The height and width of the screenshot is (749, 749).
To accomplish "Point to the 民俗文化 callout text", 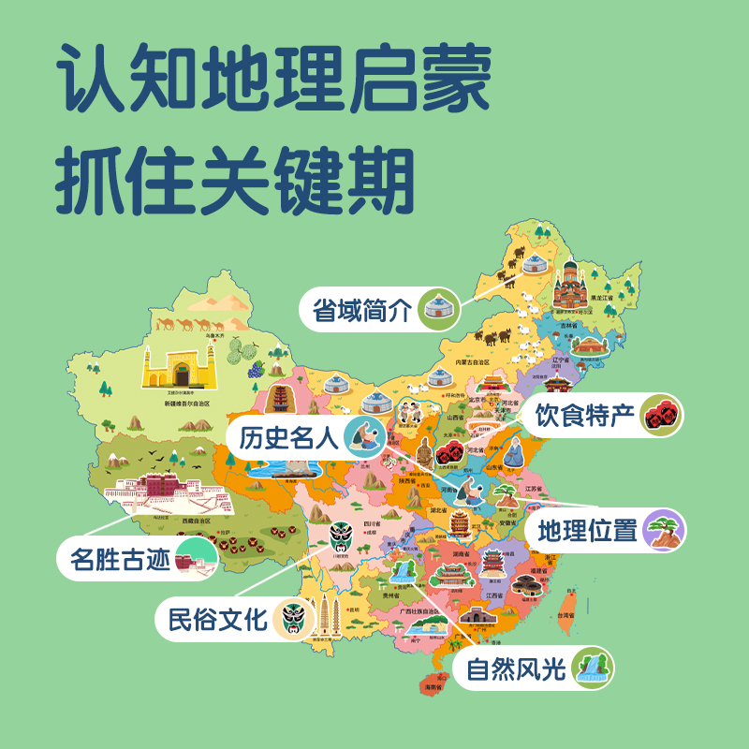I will pyautogui.click(x=217, y=619).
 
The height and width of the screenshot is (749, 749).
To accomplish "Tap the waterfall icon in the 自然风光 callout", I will pyautogui.click(x=593, y=668).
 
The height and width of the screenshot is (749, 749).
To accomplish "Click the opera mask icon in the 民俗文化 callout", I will pyautogui.click(x=296, y=619).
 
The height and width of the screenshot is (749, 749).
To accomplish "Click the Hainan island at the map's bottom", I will pyautogui.click(x=433, y=677).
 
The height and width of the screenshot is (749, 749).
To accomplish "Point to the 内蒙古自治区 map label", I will pyautogui.click(x=473, y=361).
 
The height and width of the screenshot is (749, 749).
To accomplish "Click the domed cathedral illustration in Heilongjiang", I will pyautogui.click(x=568, y=286).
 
